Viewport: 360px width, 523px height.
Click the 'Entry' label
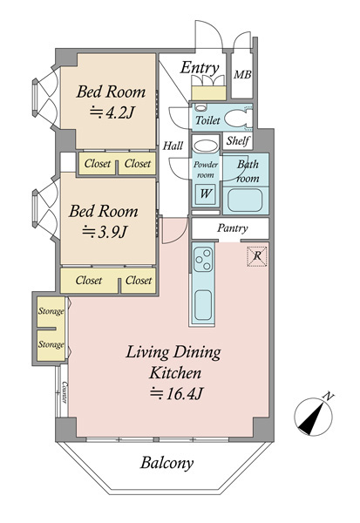(200, 68)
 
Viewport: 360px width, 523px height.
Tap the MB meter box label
(242, 74)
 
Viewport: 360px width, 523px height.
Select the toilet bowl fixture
(238, 119)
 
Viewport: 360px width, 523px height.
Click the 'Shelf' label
(238, 140)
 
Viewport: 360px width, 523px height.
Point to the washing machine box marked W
(205, 194)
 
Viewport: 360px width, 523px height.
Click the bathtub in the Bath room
(245, 200)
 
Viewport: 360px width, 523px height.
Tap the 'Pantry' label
(233, 228)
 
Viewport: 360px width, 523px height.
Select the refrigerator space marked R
(257, 256)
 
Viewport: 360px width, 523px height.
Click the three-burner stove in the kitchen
(203, 260)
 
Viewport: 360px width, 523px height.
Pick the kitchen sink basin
(203, 305)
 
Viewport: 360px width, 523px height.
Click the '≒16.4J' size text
(176, 394)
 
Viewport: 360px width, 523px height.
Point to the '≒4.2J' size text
(112, 113)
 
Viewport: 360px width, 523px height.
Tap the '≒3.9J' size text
(105, 232)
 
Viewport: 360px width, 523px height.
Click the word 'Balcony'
(166, 464)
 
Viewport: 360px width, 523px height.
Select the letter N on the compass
(329, 397)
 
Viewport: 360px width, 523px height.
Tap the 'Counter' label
(65, 392)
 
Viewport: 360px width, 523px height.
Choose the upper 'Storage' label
(51, 311)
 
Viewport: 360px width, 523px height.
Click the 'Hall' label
(173, 146)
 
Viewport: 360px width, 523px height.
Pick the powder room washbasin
(206, 146)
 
